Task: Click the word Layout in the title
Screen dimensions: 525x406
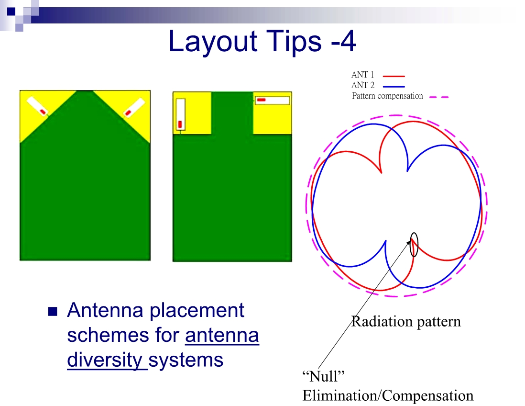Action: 213,42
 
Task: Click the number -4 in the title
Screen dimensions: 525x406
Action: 342,41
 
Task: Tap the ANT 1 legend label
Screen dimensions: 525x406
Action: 362,75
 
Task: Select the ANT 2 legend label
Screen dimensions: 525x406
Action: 362,85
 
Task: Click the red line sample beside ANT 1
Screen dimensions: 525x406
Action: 394,76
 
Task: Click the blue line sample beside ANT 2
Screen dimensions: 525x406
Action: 394,87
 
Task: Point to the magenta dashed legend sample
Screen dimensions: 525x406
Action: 438,97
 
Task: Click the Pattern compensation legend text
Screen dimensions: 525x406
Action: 387,96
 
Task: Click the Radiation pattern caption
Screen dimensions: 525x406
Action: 406,322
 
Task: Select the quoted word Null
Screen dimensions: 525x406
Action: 323,376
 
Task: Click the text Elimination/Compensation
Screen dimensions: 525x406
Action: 388,395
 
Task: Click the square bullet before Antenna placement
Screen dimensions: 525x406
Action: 53,312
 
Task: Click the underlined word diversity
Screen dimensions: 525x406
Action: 105,360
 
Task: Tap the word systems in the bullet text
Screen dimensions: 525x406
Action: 186,360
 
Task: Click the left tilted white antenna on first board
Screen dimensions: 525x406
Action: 37,106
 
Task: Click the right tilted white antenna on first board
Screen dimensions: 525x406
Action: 134,107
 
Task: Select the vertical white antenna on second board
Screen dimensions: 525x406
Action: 180,114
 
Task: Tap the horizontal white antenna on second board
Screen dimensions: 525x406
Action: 272,100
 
